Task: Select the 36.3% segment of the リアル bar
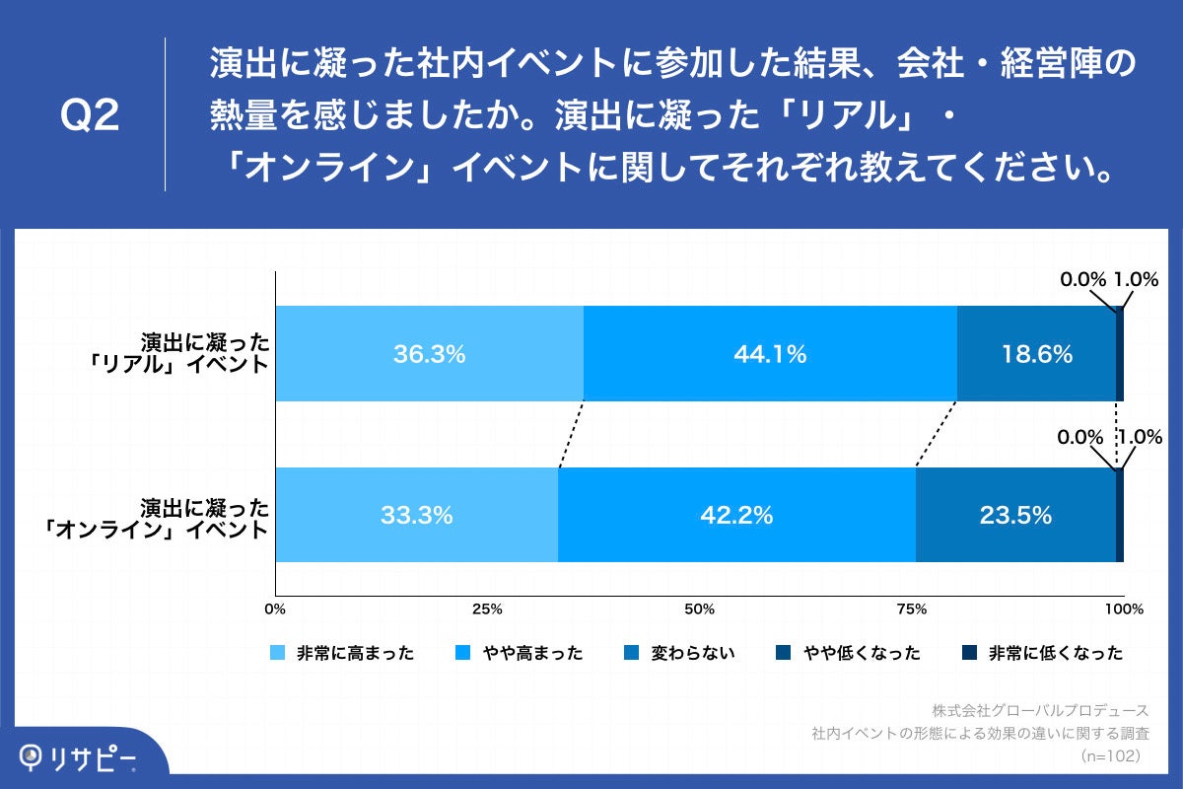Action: pos(429,354)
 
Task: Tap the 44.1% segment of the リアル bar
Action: pos(770,354)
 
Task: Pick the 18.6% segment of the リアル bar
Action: pos(1035,354)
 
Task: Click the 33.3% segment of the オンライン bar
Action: pos(416,515)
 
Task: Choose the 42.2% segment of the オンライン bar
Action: pos(736,515)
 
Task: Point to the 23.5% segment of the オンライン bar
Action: pos(1015,515)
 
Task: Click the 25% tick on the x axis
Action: pos(487,609)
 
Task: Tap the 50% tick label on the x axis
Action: pos(699,609)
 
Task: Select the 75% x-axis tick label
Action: pos(912,609)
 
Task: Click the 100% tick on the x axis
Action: pos(1123,609)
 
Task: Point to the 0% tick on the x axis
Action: pos(276,609)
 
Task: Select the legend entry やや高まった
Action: pos(522,653)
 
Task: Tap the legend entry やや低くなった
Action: pos(849,653)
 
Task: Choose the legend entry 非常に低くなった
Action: pos(1043,653)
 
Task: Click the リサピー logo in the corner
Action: pos(79,757)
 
